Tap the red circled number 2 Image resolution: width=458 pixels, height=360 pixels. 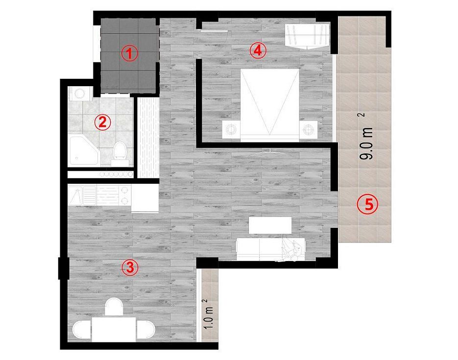[x=102, y=122]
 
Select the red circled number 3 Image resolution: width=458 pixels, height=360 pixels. [x=130, y=267]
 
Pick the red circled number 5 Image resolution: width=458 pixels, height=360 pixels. [x=368, y=204]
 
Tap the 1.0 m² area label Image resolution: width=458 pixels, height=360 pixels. [x=210, y=313]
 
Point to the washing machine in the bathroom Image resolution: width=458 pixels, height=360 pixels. [x=78, y=94]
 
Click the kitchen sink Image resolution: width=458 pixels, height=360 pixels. [x=82, y=195]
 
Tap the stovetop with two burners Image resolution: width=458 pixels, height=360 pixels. [x=125, y=195]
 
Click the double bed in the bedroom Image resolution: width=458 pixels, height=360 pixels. [x=269, y=105]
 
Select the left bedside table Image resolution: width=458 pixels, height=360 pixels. [x=231, y=129]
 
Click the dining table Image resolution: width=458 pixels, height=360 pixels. [x=114, y=329]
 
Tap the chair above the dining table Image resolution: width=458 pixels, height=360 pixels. [x=114, y=307]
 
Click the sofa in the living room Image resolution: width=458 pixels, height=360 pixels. [x=271, y=249]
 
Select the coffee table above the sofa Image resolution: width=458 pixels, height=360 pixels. [x=270, y=225]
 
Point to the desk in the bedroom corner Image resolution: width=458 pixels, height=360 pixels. [x=307, y=36]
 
